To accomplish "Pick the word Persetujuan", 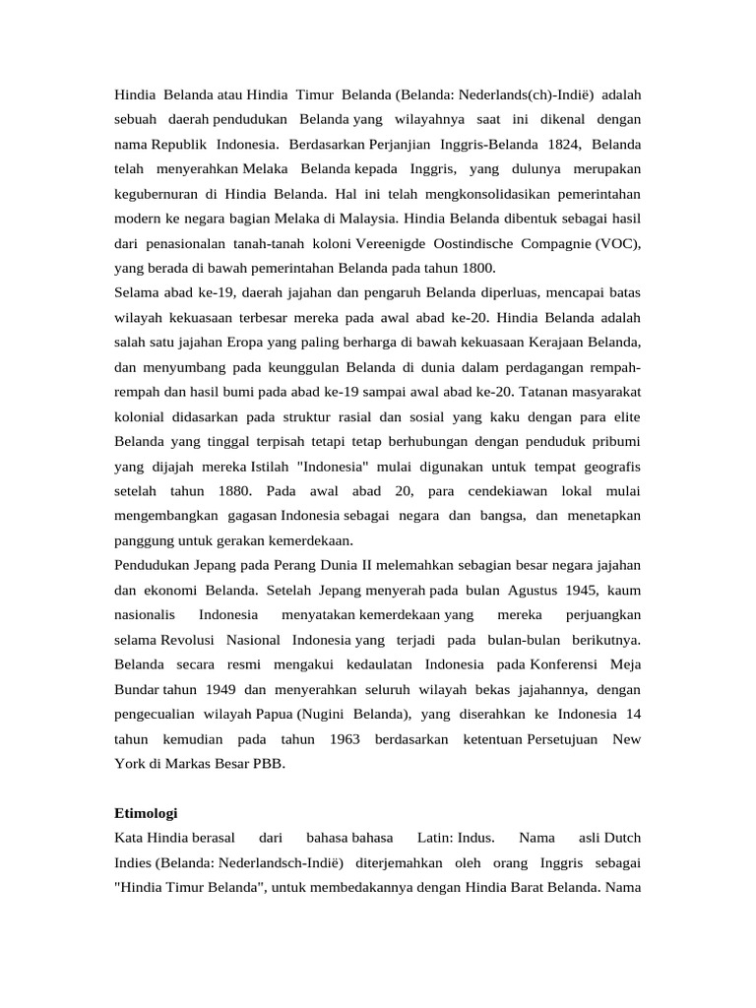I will click(562, 738).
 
